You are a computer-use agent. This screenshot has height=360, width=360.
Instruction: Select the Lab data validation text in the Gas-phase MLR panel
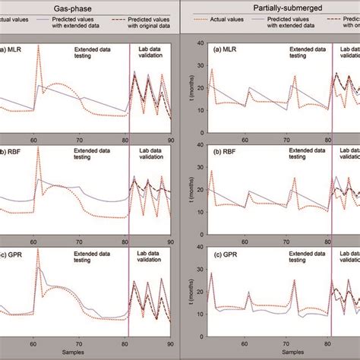[151, 53]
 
